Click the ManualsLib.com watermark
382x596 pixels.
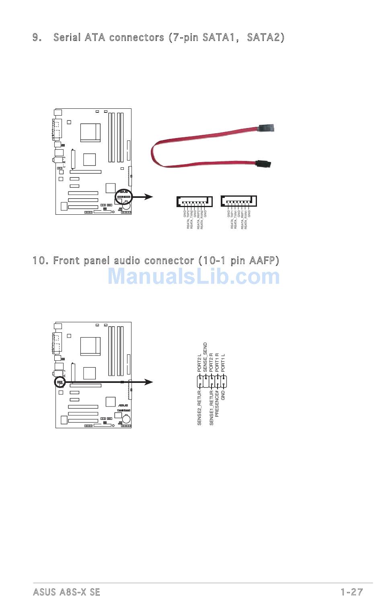tap(193, 277)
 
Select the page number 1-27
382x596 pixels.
tap(351, 592)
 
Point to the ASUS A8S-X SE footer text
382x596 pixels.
tap(66, 592)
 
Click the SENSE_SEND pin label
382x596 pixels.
tap(205, 356)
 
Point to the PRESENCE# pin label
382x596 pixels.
tap(217, 403)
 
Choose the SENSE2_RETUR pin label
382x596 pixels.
tap(199, 407)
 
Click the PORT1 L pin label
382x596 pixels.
tap(223, 362)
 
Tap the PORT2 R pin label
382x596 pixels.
tap(211, 362)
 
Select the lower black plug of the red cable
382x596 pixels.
tap(263, 163)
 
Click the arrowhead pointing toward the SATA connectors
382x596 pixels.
tap(149, 197)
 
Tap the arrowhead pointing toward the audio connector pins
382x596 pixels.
tap(149, 382)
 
